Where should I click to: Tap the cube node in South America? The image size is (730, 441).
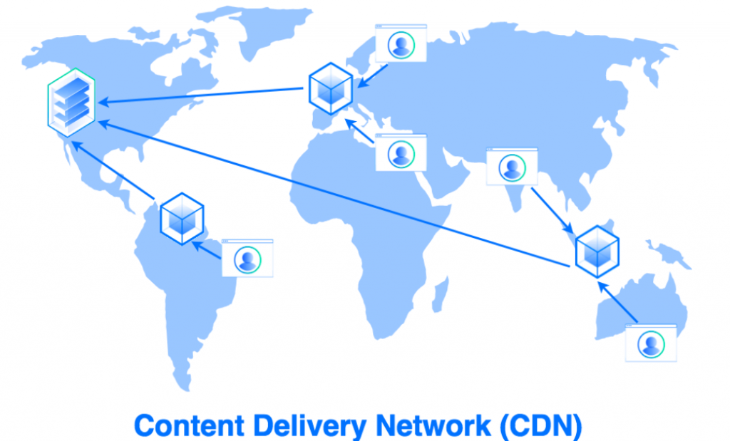[182, 217]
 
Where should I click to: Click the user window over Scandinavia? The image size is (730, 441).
[401, 44]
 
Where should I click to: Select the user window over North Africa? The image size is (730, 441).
[401, 152]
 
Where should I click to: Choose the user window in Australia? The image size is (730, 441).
[650, 343]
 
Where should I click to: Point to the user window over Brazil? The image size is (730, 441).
[247, 258]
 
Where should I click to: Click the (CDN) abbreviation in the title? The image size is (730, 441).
[541, 425]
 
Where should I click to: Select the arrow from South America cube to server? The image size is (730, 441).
[114, 170]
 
